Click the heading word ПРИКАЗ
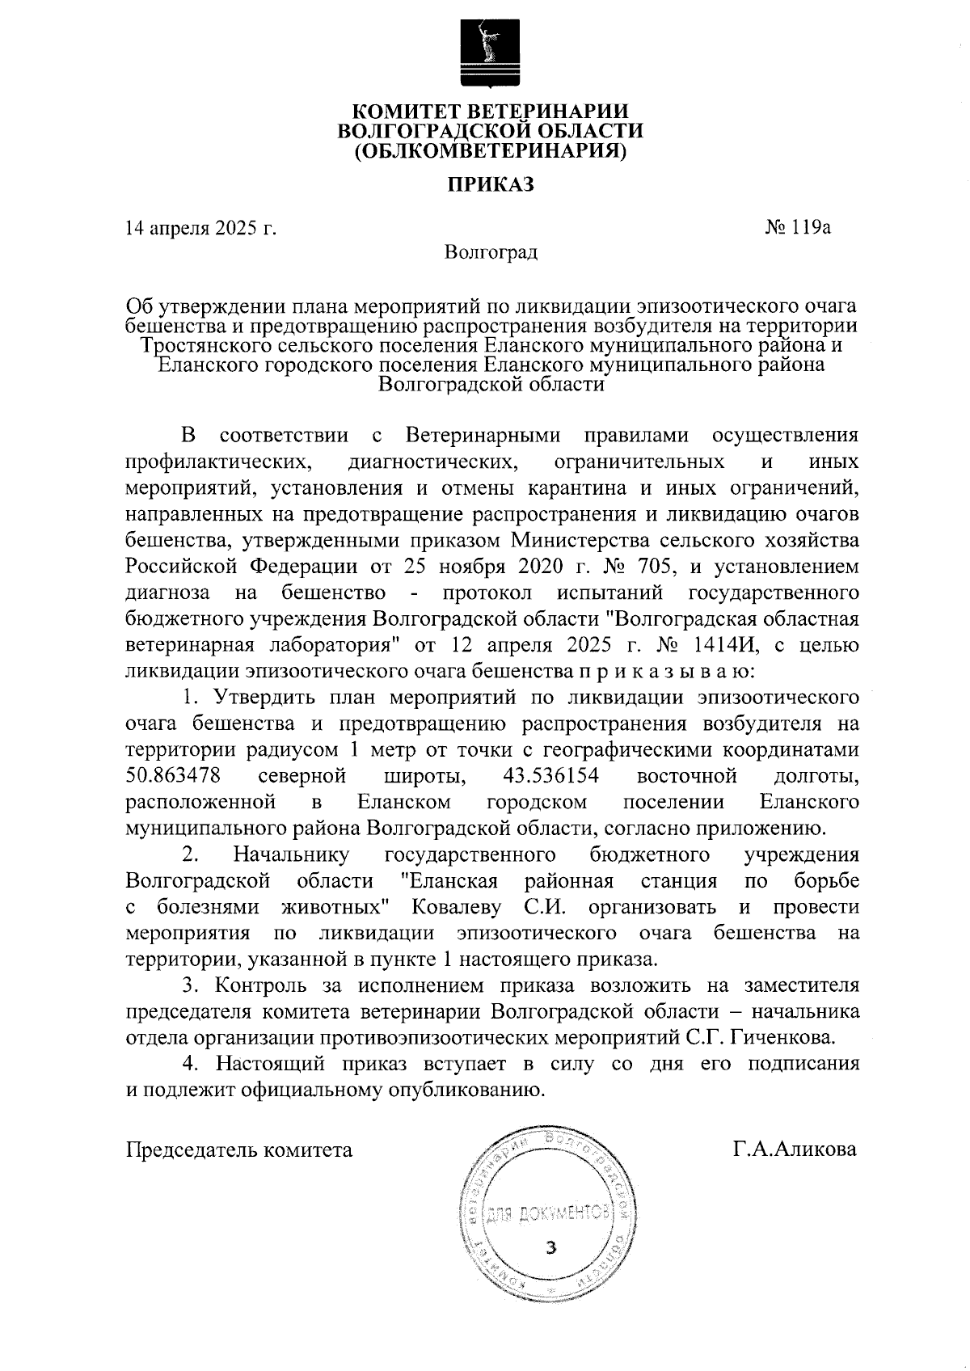coord(492,186)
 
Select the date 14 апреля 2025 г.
coord(201,228)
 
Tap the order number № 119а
coord(799,227)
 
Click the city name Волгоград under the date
coord(491,252)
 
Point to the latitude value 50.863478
coord(174,777)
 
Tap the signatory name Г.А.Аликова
coord(795,1149)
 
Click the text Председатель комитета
coord(239,1149)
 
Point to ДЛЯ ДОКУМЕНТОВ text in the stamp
coord(549,1213)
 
